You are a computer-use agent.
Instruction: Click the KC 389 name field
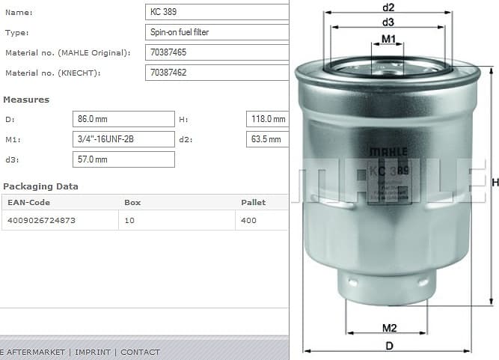click(216, 12)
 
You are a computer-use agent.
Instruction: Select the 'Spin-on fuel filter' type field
click(216, 32)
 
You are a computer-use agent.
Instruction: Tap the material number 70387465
click(216, 52)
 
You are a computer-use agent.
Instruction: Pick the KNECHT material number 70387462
click(216, 73)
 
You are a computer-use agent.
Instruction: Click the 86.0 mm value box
click(123, 119)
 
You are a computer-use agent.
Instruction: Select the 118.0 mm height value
click(267, 119)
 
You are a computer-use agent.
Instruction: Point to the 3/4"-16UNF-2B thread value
click(123, 139)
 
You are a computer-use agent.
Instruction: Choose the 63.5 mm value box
click(267, 139)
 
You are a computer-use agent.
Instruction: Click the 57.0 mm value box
click(123, 159)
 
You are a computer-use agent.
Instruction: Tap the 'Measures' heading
click(26, 100)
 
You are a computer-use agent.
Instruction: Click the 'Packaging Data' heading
click(40, 186)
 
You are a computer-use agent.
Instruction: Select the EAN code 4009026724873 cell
click(60, 221)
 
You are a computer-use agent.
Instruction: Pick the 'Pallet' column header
click(253, 202)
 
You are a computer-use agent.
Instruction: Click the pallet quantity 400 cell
click(261, 221)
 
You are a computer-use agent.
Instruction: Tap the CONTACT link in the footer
click(140, 352)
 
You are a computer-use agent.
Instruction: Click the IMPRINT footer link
click(93, 352)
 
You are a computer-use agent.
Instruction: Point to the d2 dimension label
click(388, 7)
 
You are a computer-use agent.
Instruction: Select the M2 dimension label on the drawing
click(389, 328)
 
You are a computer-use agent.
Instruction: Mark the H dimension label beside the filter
click(495, 182)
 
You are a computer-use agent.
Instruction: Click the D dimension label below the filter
click(389, 346)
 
